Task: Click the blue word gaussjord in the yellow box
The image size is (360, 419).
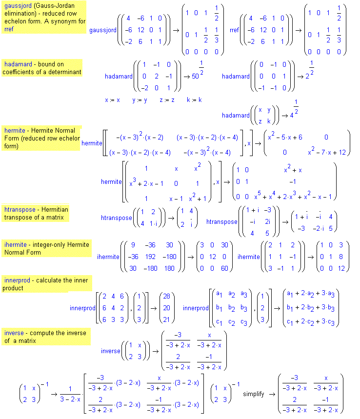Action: tap(18, 6)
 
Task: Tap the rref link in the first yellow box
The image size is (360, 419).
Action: tap(9, 29)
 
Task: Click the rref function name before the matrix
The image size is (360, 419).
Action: tap(234, 30)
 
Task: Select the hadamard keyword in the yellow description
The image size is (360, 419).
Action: tap(18, 64)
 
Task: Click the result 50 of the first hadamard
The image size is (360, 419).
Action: tap(195, 77)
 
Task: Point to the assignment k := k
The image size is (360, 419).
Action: tap(194, 100)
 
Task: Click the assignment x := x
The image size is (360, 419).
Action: tap(112, 100)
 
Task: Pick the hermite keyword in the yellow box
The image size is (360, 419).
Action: tap(15, 130)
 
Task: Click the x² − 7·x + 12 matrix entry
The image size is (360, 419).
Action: tap(327, 152)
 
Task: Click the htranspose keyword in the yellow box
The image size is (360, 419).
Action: tap(20, 210)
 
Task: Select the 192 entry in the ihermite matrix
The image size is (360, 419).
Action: tap(150, 257)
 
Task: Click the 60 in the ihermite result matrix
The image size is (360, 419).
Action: tap(224, 268)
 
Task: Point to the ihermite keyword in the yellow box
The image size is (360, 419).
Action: tap(15, 244)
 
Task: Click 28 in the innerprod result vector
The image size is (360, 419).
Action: tap(166, 296)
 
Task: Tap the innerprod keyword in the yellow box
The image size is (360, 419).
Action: tap(17, 280)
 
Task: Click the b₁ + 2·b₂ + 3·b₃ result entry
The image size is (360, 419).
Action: tap(311, 308)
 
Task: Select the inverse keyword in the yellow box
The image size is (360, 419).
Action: tap(14, 333)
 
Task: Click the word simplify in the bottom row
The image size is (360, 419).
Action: tap(253, 394)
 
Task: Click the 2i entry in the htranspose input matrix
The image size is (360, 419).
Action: tap(267, 221)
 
